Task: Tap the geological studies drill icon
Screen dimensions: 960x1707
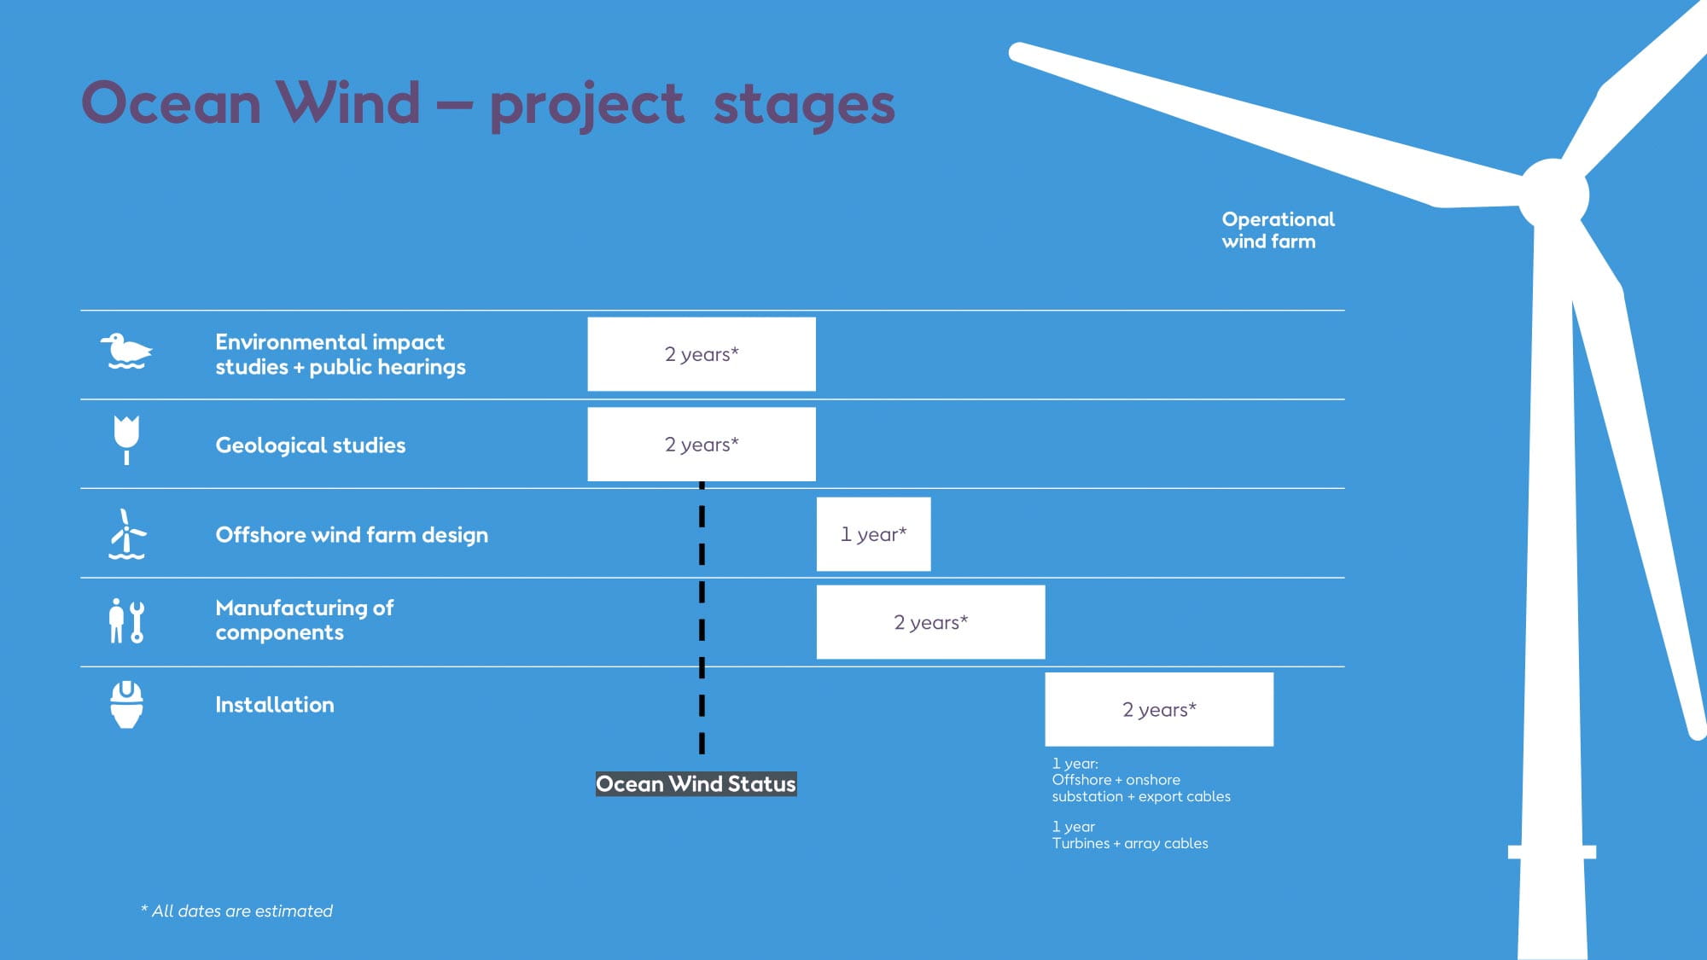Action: click(126, 439)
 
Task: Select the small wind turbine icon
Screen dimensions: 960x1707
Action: click(126, 534)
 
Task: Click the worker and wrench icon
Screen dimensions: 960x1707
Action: click(126, 620)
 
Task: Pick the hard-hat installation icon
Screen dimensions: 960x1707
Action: click(126, 704)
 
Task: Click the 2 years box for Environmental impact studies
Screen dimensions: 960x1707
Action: click(702, 354)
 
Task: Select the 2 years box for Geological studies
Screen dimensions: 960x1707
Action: click(702, 445)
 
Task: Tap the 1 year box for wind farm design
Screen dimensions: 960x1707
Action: click(873, 534)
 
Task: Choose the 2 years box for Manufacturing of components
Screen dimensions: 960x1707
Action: click(930, 622)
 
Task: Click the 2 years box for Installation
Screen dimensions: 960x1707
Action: click(1159, 709)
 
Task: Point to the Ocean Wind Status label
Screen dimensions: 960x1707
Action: click(696, 783)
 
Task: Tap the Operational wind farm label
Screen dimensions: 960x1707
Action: click(1277, 230)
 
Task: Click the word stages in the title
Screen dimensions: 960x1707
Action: click(803, 104)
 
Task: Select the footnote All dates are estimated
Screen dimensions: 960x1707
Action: click(237, 911)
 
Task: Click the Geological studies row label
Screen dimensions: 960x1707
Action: click(311, 445)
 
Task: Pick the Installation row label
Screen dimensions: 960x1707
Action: click(275, 705)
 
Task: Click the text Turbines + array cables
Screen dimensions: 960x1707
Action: click(1130, 843)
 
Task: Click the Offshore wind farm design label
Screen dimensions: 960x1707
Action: click(352, 535)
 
